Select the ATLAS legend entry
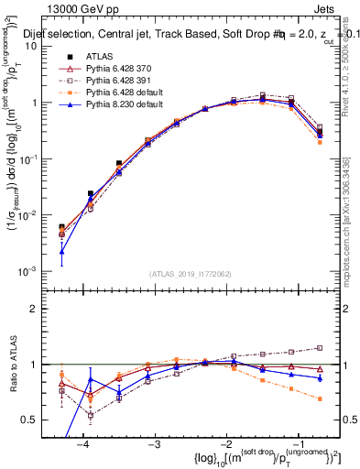(100, 57)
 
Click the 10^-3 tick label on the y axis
(30, 271)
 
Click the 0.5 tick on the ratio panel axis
(33, 420)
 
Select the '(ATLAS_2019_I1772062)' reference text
(191, 274)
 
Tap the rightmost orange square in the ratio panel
(320, 398)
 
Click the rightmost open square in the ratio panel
(320, 347)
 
